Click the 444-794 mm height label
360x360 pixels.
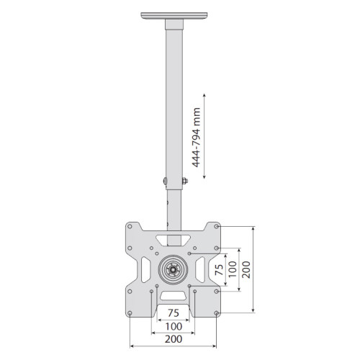pyautogui.click(x=196, y=138)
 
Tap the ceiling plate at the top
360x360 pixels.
pyautogui.click(x=174, y=16)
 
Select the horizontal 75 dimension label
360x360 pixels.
pyautogui.click(x=174, y=313)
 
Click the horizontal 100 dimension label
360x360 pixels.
pyautogui.click(x=174, y=326)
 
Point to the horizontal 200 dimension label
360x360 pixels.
pyautogui.click(x=174, y=339)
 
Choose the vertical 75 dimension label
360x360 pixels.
pyautogui.click(x=219, y=269)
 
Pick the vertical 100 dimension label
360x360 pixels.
pyautogui.click(x=233, y=269)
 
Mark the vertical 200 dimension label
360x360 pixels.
pyautogui.click(x=246, y=269)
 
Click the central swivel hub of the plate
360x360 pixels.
pyautogui.click(x=173, y=270)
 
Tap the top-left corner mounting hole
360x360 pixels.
pyautogui.click(x=130, y=226)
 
